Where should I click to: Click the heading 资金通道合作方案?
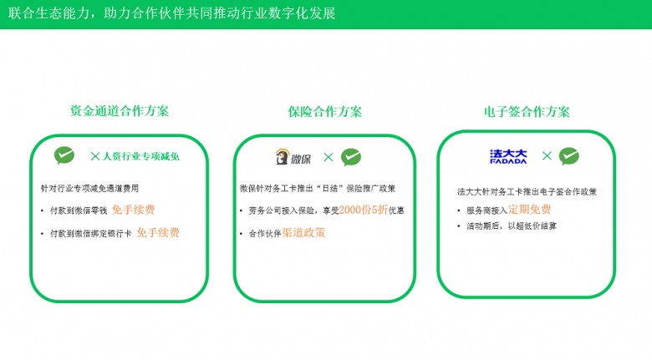pyautogui.click(x=120, y=111)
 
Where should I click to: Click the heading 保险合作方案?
pyautogui.click(x=325, y=112)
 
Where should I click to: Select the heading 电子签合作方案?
pyautogui.click(x=527, y=112)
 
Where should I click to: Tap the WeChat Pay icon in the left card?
pyautogui.click(x=64, y=155)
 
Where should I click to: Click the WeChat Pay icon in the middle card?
pyautogui.click(x=351, y=156)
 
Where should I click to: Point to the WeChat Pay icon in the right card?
pyautogui.click(x=569, y=155)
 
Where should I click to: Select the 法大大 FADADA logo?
pyautogui.click(x=508, y=155)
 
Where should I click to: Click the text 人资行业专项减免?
pyautogui.click(x=141, y=156)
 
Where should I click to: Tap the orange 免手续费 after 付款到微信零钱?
pyautogui.click(x=133, y=210)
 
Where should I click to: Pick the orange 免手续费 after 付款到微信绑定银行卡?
pyautogui.click(x=158, y=233)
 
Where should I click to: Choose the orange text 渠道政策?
pyautogui.click(x=303, y=233)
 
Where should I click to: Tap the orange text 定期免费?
pyautogui.click(x=529, y=210)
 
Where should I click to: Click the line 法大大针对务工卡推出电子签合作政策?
pyautogui.click(x=527, y=191)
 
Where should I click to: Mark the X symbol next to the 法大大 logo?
pyautogui.click(x=547, y=155)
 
